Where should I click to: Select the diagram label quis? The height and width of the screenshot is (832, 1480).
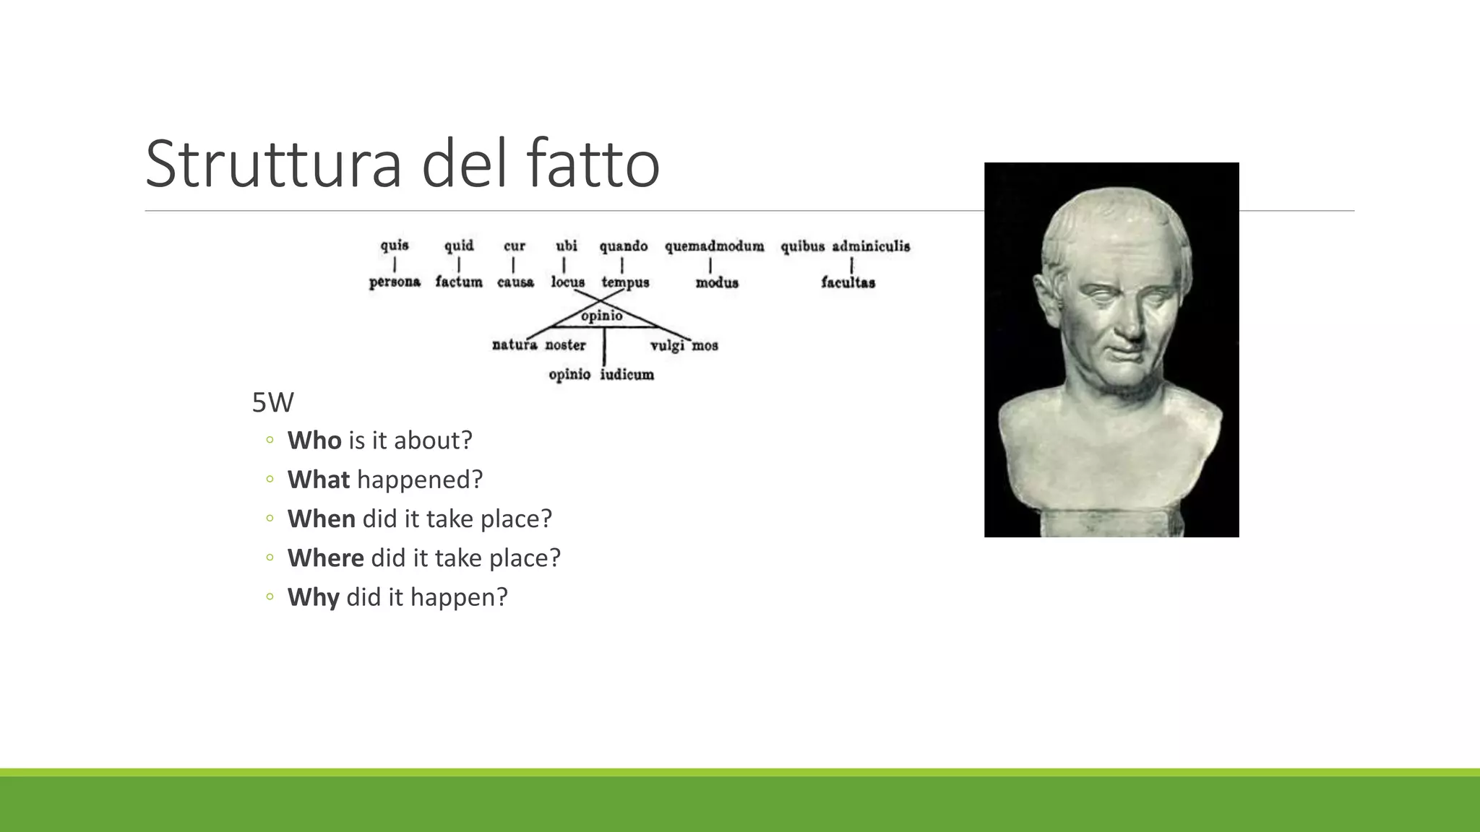[x=395, y=246]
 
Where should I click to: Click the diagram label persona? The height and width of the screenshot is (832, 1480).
[x=395, y=282]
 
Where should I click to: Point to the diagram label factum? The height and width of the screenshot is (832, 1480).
[x=459, y=282]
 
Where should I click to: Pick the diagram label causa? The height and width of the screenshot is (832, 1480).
[x=515, y=282]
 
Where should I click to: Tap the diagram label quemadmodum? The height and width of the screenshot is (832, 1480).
[x=714, y=246]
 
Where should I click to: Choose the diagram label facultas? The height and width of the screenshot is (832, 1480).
[x=848, y=282]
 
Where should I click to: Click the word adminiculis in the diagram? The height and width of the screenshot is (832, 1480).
[x=871, y=246]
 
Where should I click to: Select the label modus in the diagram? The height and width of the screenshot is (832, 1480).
[x=717, y=282]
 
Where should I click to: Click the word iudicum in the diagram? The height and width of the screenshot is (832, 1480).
[x=627, y=374]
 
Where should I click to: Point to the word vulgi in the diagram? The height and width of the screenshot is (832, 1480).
[x=667, y=346]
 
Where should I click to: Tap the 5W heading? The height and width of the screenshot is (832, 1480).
[x=272, y=402]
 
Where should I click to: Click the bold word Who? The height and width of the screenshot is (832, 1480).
[x=314, y=440]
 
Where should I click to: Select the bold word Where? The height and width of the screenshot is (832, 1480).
[x=325, y=558]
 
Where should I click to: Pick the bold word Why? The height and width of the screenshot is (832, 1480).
[x=313, y=597]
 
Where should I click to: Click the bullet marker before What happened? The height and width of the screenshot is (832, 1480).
[x=270, y=479]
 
